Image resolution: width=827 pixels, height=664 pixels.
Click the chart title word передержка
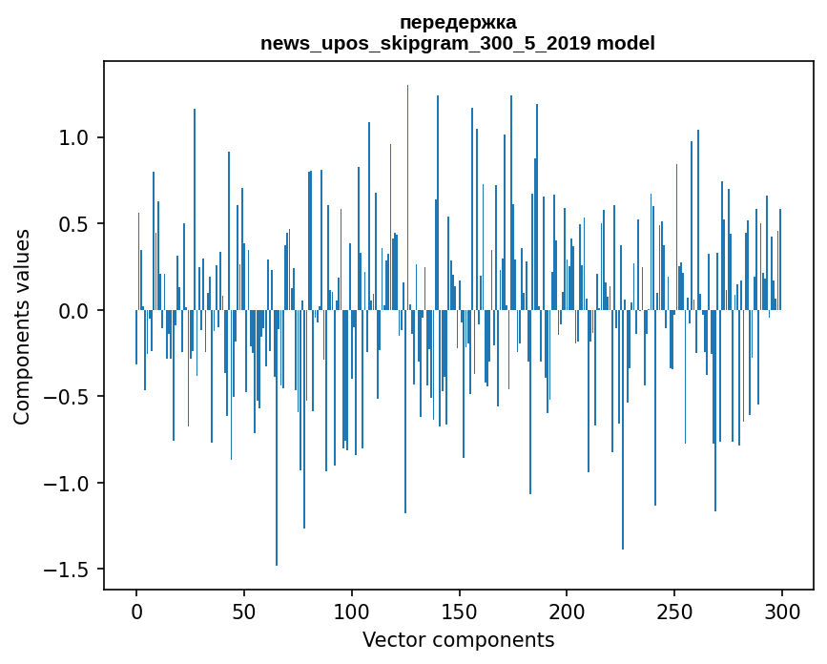458,22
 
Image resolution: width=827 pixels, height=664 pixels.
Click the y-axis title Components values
22,326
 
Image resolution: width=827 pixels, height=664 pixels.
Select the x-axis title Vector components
458,639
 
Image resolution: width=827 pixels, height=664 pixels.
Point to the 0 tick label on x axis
136,610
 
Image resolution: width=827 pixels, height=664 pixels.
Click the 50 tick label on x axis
244,610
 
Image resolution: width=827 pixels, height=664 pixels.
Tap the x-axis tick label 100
352,610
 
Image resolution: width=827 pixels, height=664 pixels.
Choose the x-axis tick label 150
460,610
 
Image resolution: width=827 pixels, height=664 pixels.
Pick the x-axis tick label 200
568,610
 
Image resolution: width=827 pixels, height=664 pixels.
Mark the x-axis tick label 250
675,610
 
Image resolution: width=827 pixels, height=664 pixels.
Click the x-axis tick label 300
782,610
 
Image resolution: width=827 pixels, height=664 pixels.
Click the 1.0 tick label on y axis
74,137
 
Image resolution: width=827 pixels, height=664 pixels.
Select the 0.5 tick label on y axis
74,224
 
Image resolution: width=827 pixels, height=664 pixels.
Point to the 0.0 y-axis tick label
74,311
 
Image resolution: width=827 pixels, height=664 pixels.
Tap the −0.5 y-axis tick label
69,397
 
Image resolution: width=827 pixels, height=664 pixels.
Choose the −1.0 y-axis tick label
69,484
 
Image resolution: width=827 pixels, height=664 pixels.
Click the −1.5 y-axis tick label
69,570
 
